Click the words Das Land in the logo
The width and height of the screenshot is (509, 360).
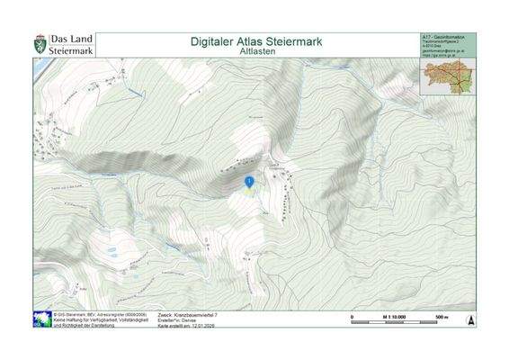click(x=70, y=40)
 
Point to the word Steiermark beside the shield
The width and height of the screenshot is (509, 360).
click(x=71, y=51)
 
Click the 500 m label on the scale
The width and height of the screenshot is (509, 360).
click(x=442, y=317)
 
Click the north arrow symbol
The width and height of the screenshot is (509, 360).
click(x=469, y=320)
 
